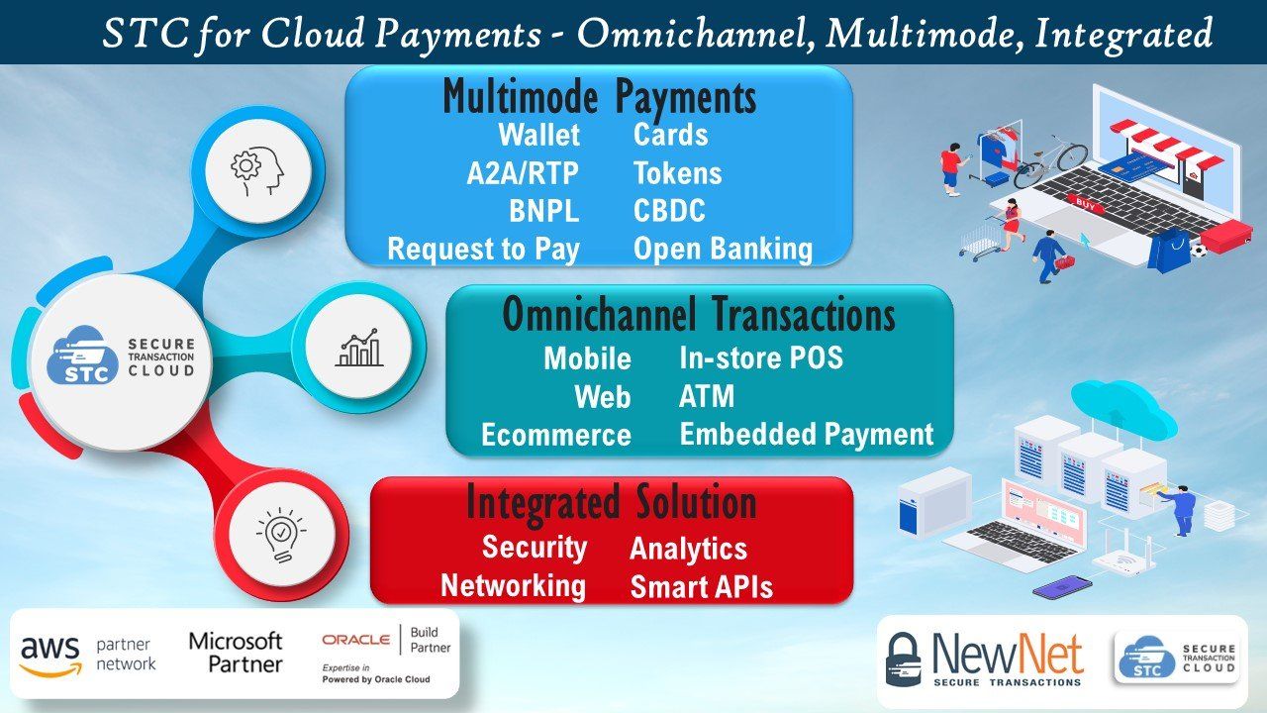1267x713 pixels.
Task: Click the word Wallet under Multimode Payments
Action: click(538, 135)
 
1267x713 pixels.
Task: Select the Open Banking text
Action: click(723, 249)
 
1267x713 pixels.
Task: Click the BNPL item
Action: click(543, 211)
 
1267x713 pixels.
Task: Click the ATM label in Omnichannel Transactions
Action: click(707, 397)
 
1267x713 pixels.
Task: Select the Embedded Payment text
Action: click(806, 435)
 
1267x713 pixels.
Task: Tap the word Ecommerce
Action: click(555, 436)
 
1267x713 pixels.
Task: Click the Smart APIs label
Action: click(701, 587)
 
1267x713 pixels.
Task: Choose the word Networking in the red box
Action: click(513, 585)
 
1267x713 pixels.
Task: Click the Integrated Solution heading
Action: click(611, 502)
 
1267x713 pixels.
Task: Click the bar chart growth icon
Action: click(358, 348)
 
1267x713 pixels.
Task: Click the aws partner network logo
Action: click(88, 655)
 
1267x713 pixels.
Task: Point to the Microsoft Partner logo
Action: click(236, 653)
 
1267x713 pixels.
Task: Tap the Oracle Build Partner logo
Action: click(386, 654)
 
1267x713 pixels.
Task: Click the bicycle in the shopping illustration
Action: click(1050, 161)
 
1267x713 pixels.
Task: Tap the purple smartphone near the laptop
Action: click(1062, 587)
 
